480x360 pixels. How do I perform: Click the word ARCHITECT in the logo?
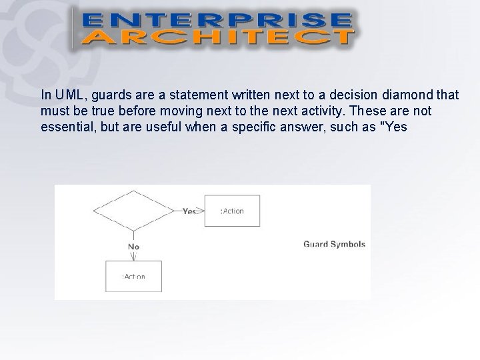click(217, 36)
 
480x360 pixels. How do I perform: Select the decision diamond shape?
click(134, 210)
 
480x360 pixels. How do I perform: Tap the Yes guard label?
click(189, 211)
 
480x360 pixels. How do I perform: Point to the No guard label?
click(133, 246)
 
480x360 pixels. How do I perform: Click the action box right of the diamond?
click(232, 211)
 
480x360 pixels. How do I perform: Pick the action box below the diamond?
click(134, 276)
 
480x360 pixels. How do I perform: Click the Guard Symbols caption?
click(334, 244)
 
